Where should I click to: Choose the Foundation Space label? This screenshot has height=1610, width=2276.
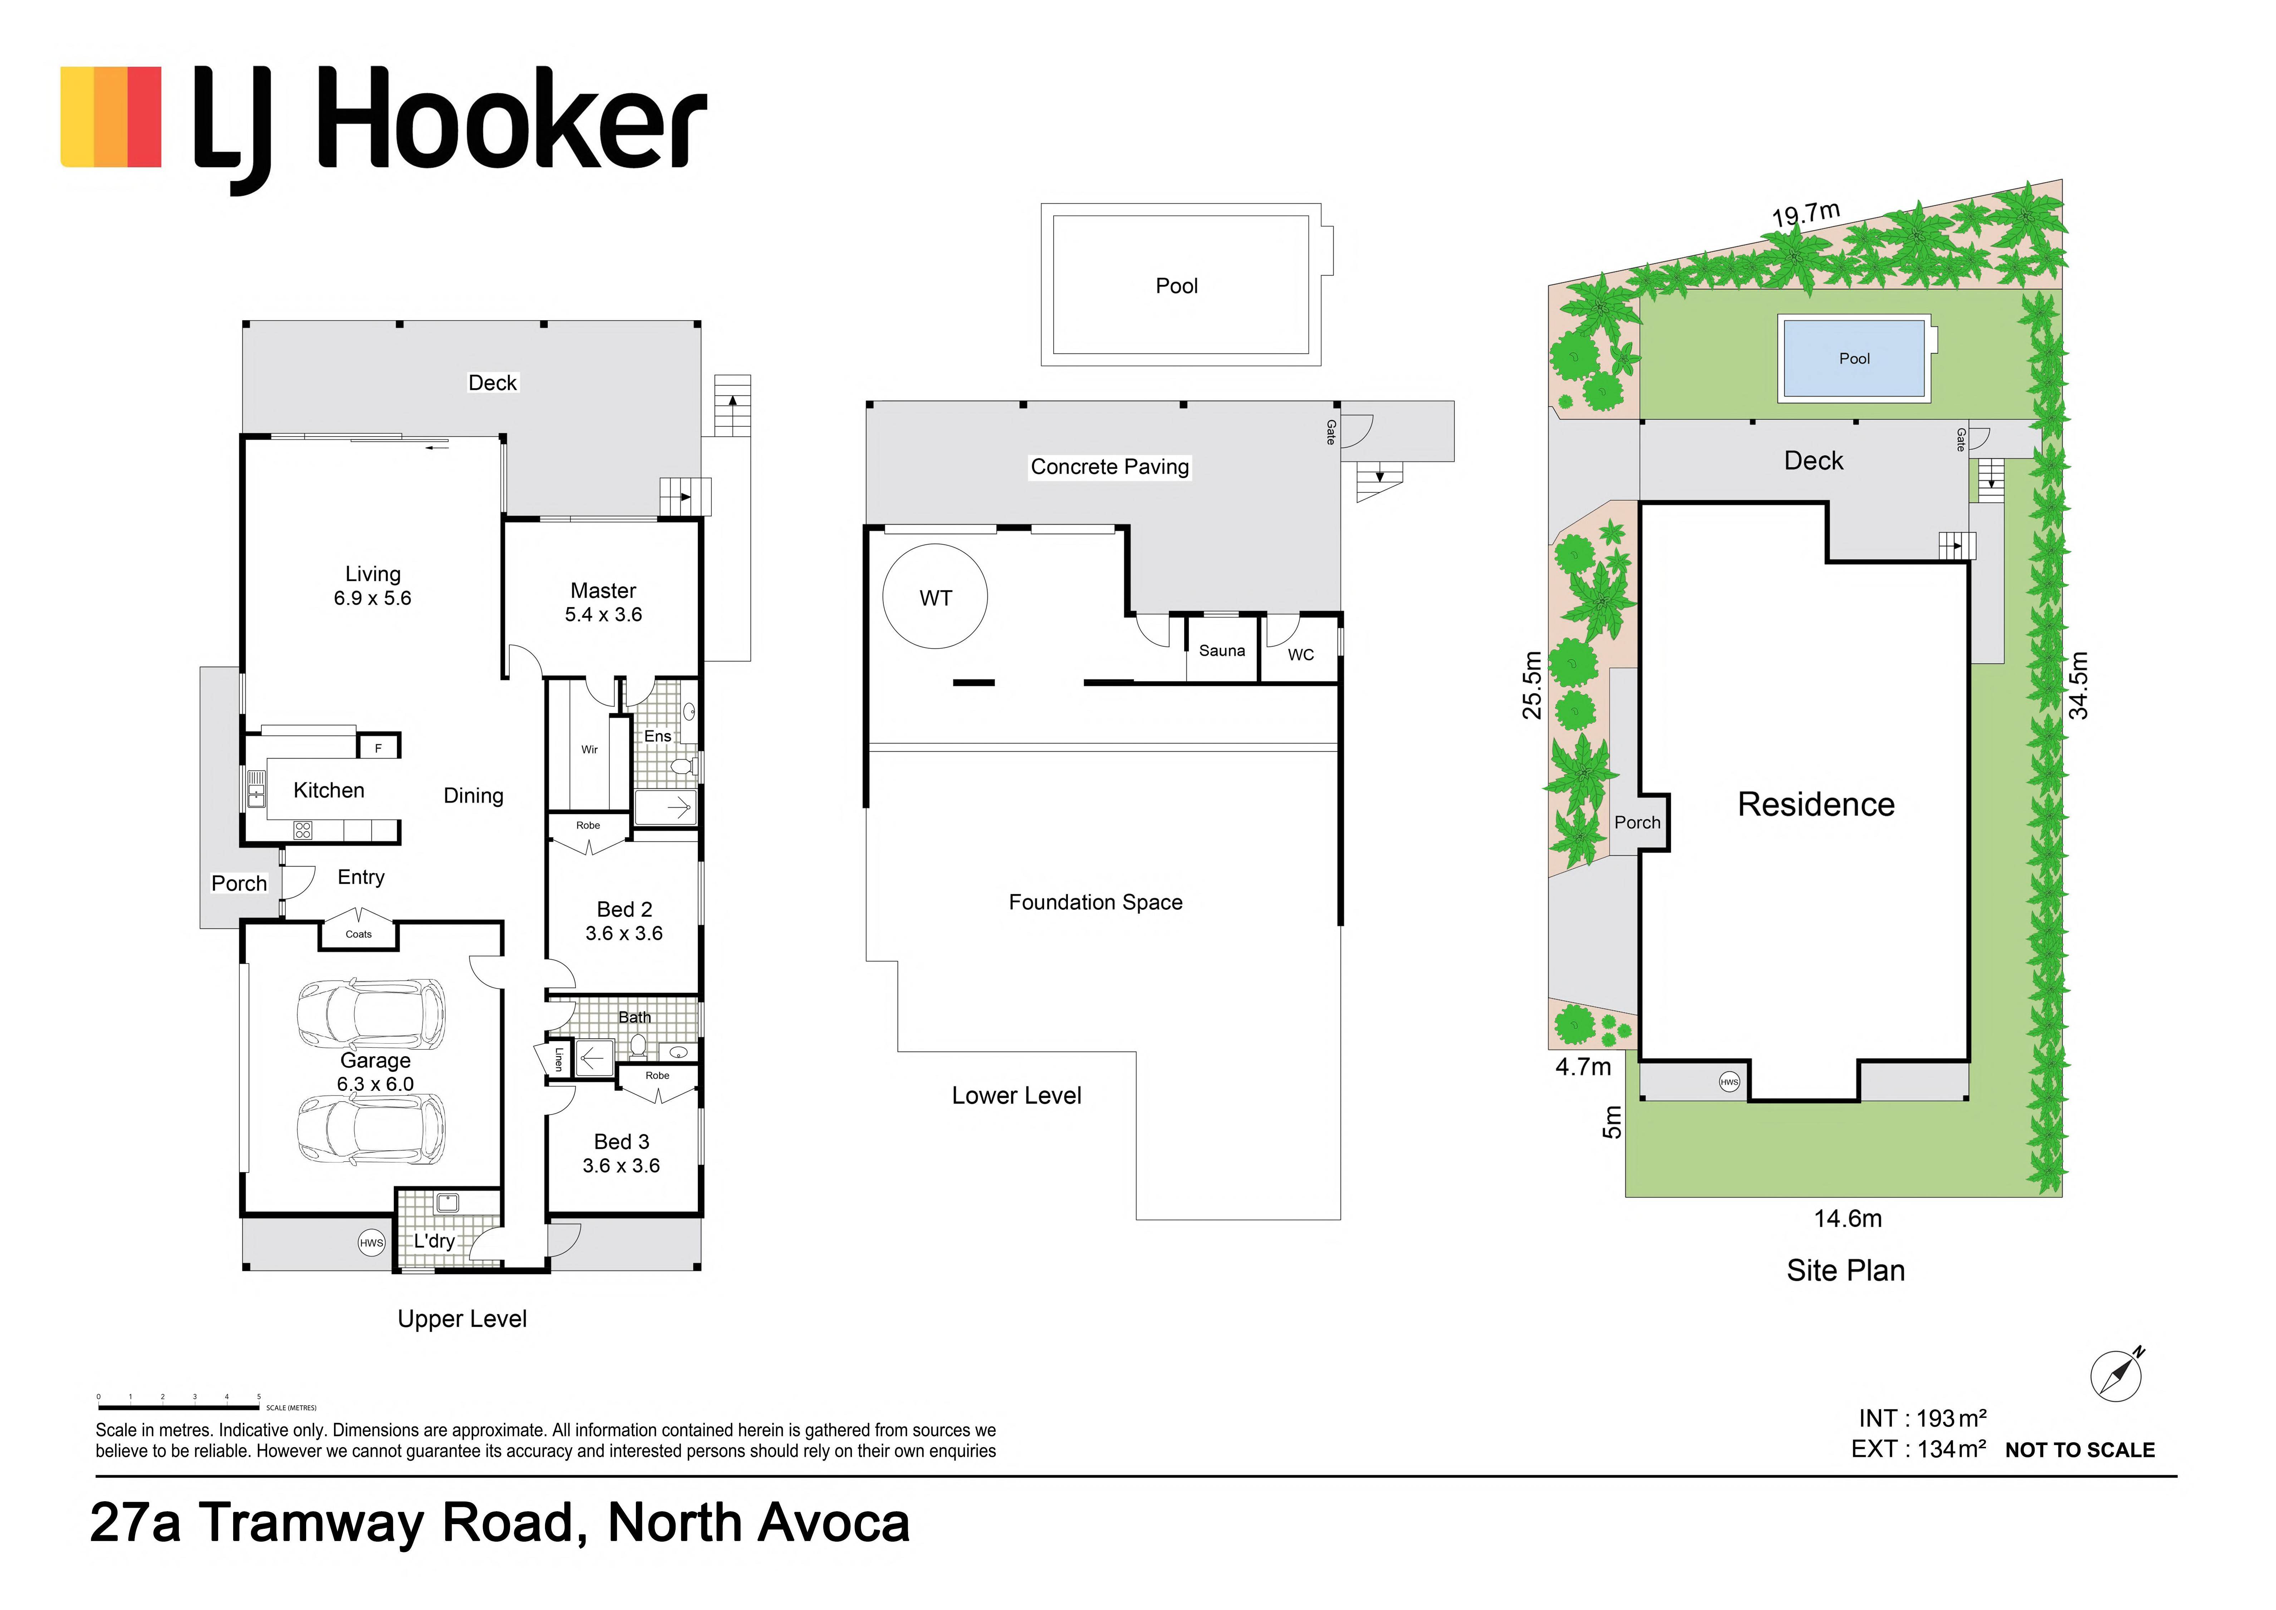click(x=1095, y=902)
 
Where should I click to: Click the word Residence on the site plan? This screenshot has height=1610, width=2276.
click(x=1816, y=804)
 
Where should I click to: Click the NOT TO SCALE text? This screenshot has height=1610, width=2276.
click(x=2080, y=1450)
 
